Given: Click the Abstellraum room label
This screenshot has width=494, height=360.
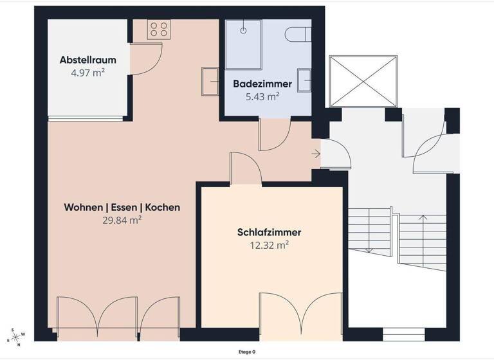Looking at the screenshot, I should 87,60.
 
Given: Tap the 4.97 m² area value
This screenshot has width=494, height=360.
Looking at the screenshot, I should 87,73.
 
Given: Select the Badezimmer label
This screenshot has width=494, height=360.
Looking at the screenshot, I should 262,84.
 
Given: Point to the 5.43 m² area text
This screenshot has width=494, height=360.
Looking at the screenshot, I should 262,97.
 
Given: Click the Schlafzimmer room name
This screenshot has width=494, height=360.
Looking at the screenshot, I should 270,232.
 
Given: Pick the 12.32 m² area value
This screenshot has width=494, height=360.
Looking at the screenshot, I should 270,245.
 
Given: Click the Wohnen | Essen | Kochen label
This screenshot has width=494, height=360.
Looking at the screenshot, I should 122,208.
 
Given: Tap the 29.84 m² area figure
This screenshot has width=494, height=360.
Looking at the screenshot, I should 122,220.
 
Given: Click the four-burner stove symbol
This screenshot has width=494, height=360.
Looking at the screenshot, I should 158,30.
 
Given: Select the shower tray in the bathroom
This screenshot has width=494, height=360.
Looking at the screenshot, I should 244,44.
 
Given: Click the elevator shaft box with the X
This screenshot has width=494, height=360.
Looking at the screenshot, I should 363,81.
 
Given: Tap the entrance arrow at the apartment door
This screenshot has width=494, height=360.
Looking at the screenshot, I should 315,154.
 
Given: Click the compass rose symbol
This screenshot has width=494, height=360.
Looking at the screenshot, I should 16,337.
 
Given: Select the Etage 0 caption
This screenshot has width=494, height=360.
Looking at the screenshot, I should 247,352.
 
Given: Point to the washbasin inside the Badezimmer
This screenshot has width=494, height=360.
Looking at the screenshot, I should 306,80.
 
